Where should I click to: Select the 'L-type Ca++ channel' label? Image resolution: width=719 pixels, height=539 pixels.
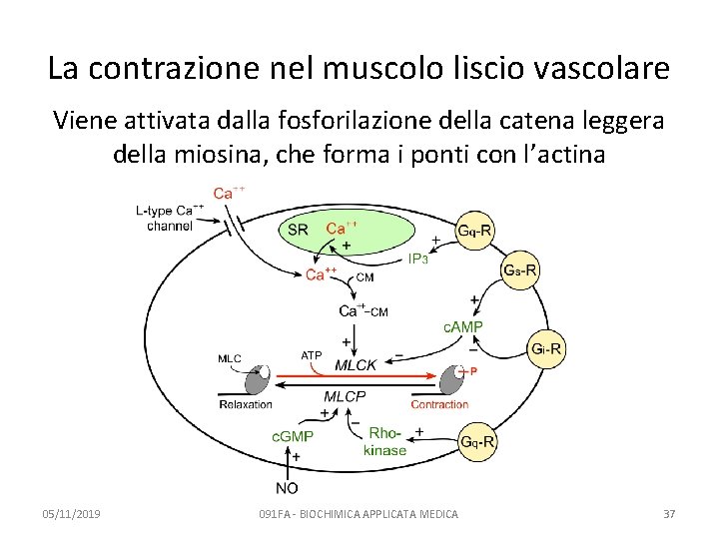(x=170, y=218)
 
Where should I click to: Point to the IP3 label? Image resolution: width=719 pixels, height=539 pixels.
(x=417, y=260)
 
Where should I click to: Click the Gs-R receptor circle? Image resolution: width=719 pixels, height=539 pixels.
(x=520, y=269)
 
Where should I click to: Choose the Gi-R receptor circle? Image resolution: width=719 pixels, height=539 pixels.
(x=547, y=348)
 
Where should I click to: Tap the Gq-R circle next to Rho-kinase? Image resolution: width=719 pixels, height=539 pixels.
(x=476, y=442)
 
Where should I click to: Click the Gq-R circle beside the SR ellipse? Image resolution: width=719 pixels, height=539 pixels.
(x=475, y=232)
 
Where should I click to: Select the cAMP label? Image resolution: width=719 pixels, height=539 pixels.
(x=463, y=326)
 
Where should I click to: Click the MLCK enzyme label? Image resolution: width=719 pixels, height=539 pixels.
(x=356, y=365)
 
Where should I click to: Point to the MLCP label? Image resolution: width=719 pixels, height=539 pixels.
(x=345, y=396)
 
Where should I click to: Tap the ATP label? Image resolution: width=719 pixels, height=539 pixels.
(x=312, y=354)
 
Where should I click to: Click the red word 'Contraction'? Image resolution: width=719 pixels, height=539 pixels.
(x=439, y=404)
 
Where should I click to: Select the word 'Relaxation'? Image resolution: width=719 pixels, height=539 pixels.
(x=245, y=404)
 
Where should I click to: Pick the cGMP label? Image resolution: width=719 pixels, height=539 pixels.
(x=293, y=436)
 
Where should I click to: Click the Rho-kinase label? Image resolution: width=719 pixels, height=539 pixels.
(x=384, y=441)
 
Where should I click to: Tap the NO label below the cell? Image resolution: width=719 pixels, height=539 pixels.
(x=287, y=488)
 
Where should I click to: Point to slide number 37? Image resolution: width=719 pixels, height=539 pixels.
(x=669, y=514)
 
